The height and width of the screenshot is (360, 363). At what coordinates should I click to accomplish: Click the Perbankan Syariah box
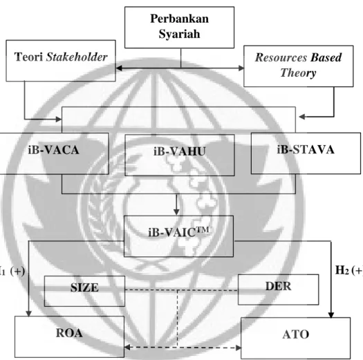click(179, 28)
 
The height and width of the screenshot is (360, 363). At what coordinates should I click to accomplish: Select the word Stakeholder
click(77, 57)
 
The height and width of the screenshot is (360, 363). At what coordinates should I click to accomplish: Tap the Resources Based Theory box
click(299, 66)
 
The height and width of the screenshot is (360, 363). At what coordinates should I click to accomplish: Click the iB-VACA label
click(53, 150)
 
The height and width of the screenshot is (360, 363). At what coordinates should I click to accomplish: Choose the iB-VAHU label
click(180, 151)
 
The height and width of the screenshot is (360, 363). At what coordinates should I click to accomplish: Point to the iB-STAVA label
click(306, 149)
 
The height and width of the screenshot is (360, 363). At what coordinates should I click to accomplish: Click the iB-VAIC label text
click(178, 232)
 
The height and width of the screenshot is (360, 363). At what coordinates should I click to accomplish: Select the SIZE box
click(84, 291)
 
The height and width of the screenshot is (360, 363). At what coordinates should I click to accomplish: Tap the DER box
click(278, 290)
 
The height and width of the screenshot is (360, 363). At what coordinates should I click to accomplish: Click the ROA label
click(69, 333)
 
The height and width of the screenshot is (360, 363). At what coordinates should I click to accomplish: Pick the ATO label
click(296, 334)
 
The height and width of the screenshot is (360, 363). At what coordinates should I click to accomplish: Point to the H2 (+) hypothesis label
click(349, 270)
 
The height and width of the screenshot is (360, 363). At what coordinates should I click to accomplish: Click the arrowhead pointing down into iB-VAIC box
click(176, 212)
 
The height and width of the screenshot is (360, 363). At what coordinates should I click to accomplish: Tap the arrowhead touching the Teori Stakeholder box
click(119, 68)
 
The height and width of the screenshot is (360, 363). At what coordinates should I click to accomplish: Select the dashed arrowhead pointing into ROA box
click(127, 348)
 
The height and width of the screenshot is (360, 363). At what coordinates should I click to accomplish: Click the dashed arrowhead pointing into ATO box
click(239, 348)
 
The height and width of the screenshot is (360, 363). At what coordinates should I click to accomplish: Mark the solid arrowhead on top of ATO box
click(331, 315)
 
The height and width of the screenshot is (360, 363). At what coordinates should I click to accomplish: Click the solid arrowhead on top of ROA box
click(28, 314)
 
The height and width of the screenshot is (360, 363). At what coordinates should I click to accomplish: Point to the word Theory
click(298, 73)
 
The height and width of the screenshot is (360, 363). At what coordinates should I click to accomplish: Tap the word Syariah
click(179, 34)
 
